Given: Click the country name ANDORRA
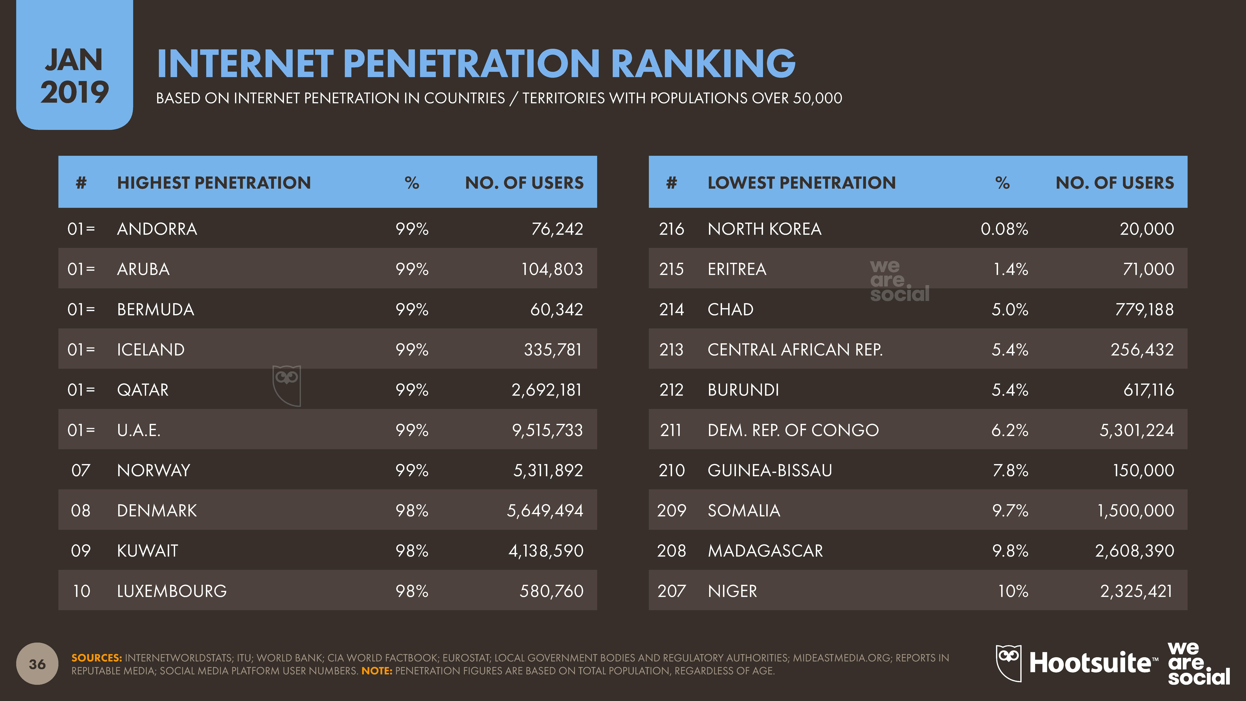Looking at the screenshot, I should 157,229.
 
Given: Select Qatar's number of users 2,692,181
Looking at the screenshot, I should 547,390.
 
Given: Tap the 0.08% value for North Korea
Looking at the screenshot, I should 1004,229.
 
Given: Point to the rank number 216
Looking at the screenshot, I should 671,229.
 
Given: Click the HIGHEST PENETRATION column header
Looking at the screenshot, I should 214,183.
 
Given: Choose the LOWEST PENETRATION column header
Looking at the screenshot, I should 801,183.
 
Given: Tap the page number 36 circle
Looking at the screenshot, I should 37,664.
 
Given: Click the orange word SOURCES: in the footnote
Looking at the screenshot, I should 96,658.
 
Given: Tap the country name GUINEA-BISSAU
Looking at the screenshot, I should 770,470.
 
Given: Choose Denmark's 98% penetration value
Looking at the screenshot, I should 412,510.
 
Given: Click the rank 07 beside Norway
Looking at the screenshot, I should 81,470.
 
